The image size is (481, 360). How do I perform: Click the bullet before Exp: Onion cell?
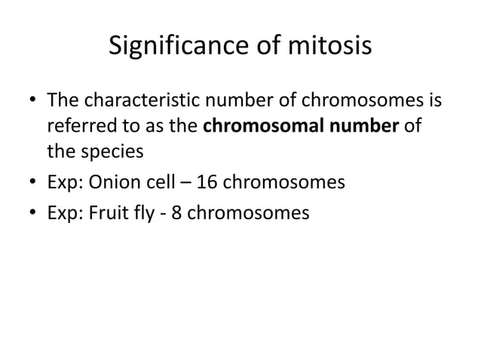coord(31,183)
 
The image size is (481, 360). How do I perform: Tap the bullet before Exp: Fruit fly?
coord(31,215)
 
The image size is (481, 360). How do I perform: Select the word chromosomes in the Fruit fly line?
coord(250,215)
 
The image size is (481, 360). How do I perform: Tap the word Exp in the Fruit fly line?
coord(66,215)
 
